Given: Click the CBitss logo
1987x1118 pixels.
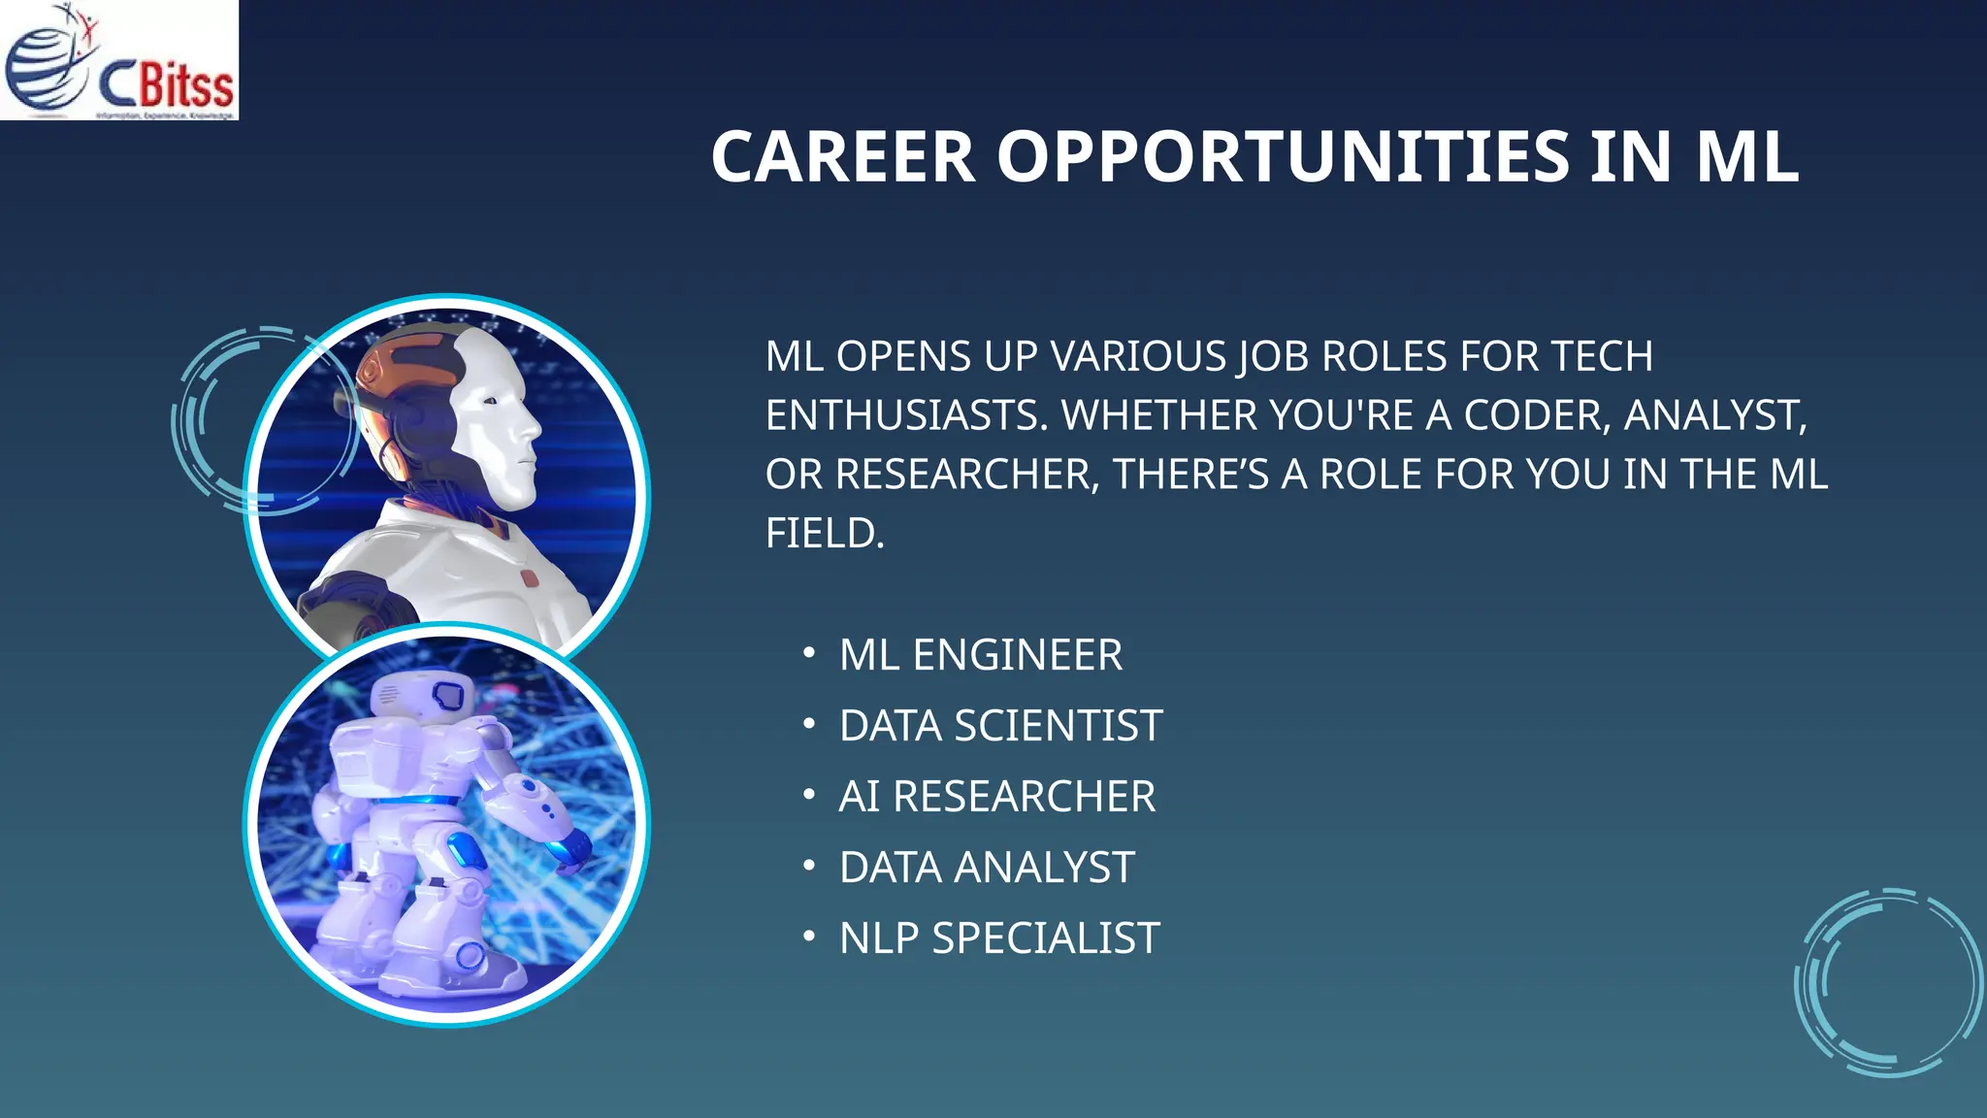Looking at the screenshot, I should [x=118, y=60].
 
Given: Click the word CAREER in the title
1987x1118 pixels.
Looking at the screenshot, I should [x=842, y=156].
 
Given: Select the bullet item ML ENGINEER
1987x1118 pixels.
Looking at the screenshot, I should [x=980, y=655].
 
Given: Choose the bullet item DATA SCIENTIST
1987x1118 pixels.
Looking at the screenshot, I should [x=1000, y=726].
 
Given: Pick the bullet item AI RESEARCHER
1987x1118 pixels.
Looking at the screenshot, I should [x=996, y=797].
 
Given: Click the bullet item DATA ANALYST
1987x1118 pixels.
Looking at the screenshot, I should [x=987, y=868].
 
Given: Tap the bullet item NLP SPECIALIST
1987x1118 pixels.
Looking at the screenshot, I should [x=999, y=938].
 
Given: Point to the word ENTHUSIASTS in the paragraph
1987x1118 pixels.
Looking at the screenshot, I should [x=906, y=415].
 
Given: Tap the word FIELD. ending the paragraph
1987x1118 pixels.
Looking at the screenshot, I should [x=825, y=534].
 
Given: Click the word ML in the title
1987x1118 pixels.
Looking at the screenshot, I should [x=1746, y=156].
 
